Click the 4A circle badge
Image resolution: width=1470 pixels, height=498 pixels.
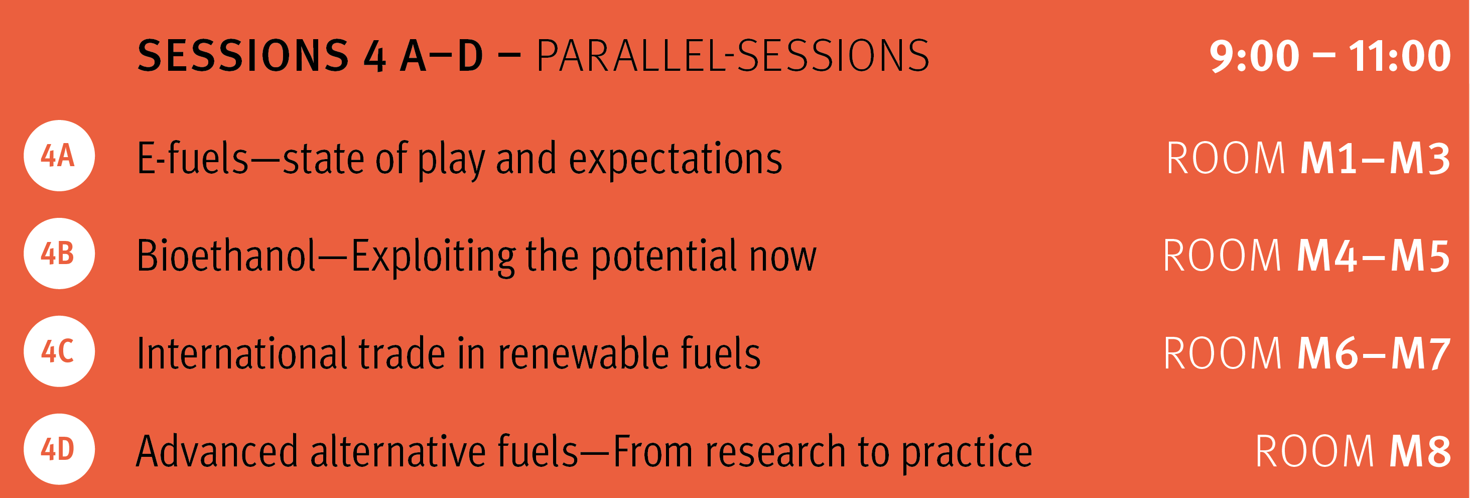click(x=59, y=155)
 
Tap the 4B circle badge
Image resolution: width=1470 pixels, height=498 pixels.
click(x=59, y=254)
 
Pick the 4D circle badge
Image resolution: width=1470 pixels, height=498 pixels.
click(x=59, y=449)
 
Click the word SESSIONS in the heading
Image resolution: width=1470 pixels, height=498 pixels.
click(x=243, y=56)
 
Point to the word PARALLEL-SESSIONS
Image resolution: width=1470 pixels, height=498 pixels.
click(x=733, y=56)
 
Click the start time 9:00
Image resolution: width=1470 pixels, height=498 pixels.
click(x=1254, y=56)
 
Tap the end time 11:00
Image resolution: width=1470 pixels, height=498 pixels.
click(x=1399, y=56)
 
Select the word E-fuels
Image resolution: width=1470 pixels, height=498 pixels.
click(x=193, y=158)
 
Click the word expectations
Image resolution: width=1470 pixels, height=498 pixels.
click(x=675, y=160)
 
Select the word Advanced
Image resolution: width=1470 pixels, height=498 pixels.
click(x=217, y=451)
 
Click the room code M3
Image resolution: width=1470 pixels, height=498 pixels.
click(x=1420, y=158)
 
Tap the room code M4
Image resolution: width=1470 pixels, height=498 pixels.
click(x=1327, y=256)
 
